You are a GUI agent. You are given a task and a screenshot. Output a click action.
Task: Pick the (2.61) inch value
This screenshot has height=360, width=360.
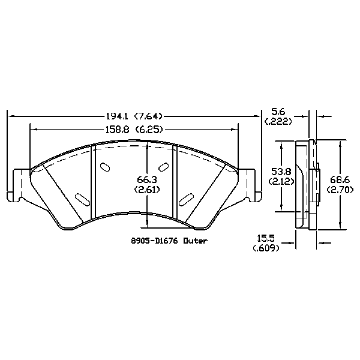point(147,189)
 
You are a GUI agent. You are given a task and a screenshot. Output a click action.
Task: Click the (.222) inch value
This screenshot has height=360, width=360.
point(277,121)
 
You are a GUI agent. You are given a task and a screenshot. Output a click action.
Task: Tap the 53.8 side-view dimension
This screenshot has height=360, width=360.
point(280,171)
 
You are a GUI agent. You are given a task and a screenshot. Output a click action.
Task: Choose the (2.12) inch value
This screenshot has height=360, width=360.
point(280,181)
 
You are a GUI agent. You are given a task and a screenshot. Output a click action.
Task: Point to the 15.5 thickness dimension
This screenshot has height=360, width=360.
point(266,238)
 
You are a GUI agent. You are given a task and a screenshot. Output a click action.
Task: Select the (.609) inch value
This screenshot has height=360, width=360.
point(266,248)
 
